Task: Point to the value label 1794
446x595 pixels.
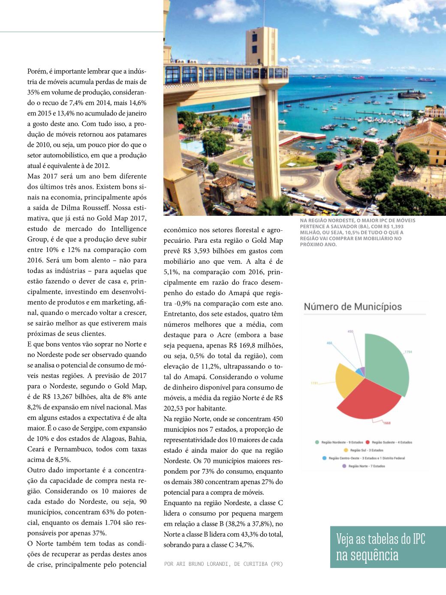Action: (x=408, y=352)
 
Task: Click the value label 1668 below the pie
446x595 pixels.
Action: (x=387, y=423)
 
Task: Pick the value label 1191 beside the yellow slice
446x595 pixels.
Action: (x=315, y=383)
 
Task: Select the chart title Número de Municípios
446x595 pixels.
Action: (x=353, y=307)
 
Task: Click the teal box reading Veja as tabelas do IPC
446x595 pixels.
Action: (x=388, y=547)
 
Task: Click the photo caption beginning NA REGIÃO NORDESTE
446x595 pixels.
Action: (x=357, y=232)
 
